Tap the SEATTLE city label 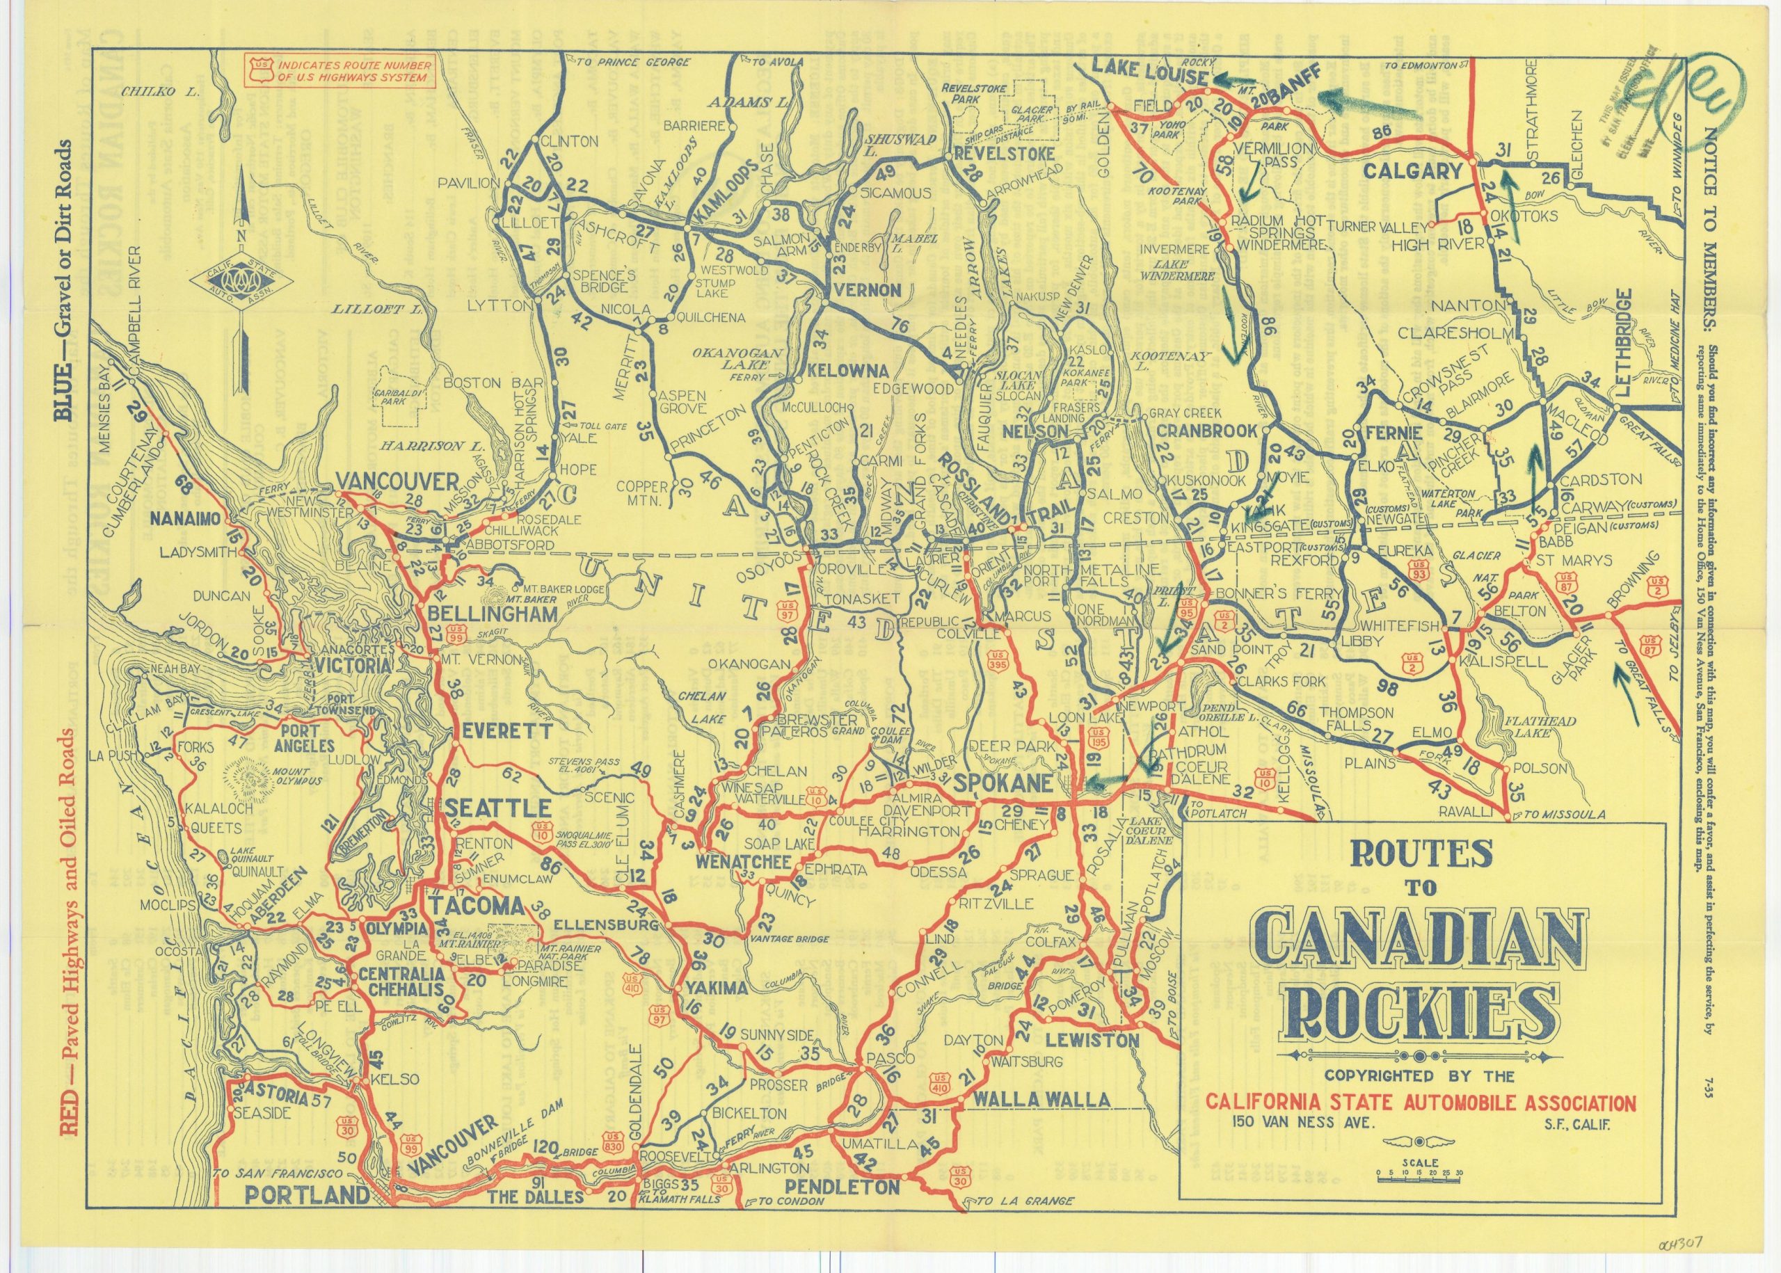[x=494, y=808]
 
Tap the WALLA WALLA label [x=1041, y=1099]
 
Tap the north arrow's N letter [x=243, y=237]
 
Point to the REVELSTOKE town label [x=990, y=155]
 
